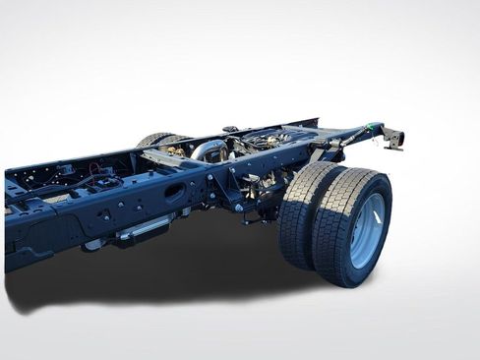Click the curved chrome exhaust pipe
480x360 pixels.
click(208, 150)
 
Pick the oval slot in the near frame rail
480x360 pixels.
click(174, 193)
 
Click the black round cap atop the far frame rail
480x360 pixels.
click(229, 129)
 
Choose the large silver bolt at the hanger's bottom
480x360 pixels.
click(238, 208)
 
